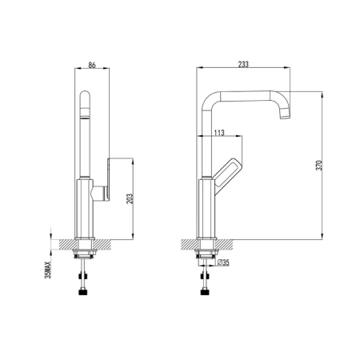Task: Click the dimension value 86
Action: [x=92, y=65]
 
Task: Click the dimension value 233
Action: [x=243, y=64]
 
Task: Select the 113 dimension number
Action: [x=219, y=133]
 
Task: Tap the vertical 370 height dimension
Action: [x=320, y=166]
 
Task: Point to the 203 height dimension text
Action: [x=130, y=199]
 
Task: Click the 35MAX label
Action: [x=48, y=270]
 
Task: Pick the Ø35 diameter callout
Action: [x=223, y=262]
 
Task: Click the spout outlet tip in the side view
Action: [x=285, y=116]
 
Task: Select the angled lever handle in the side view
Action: [x=228, y=176]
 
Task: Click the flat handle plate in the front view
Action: [x=109, y=179]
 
